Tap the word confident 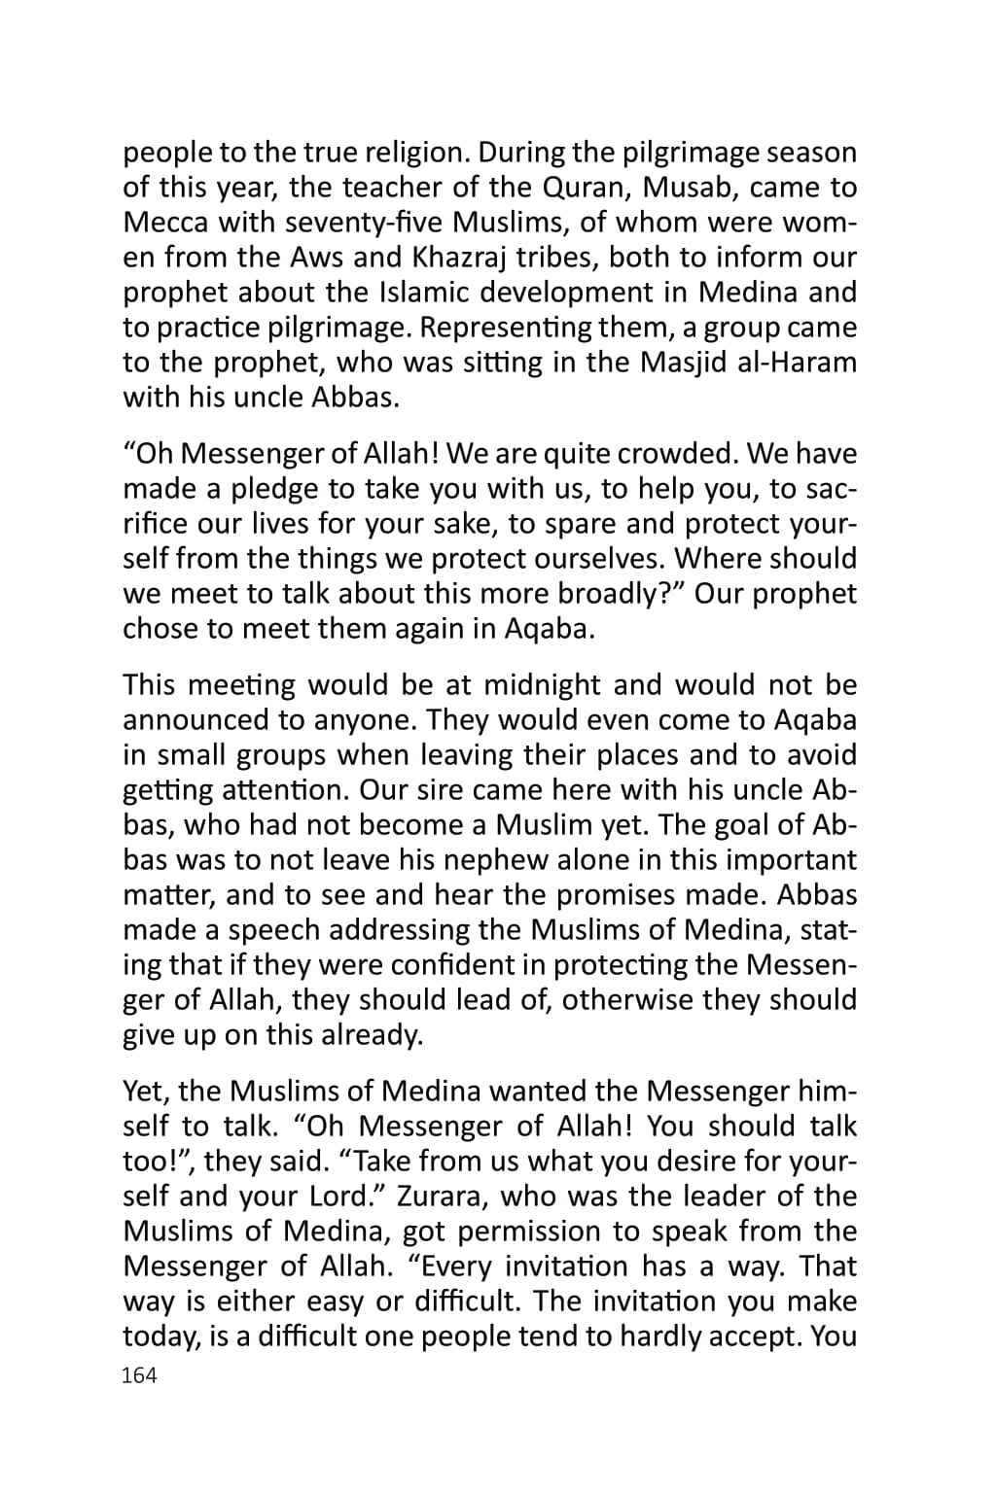coord(448,965)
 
